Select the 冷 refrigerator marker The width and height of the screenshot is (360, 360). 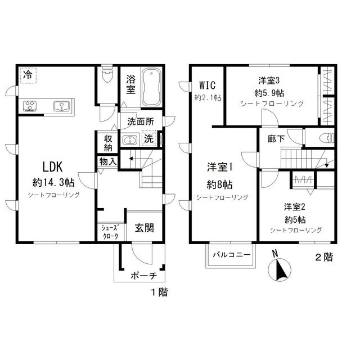(x=28, y=74)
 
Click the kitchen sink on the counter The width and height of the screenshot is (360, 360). (x=61, y=106)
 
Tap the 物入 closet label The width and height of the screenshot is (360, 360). (x=109, y=162)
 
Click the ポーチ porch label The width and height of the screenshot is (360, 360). (x=143, y=276)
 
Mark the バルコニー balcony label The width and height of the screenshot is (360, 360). (x=231, y=255)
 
